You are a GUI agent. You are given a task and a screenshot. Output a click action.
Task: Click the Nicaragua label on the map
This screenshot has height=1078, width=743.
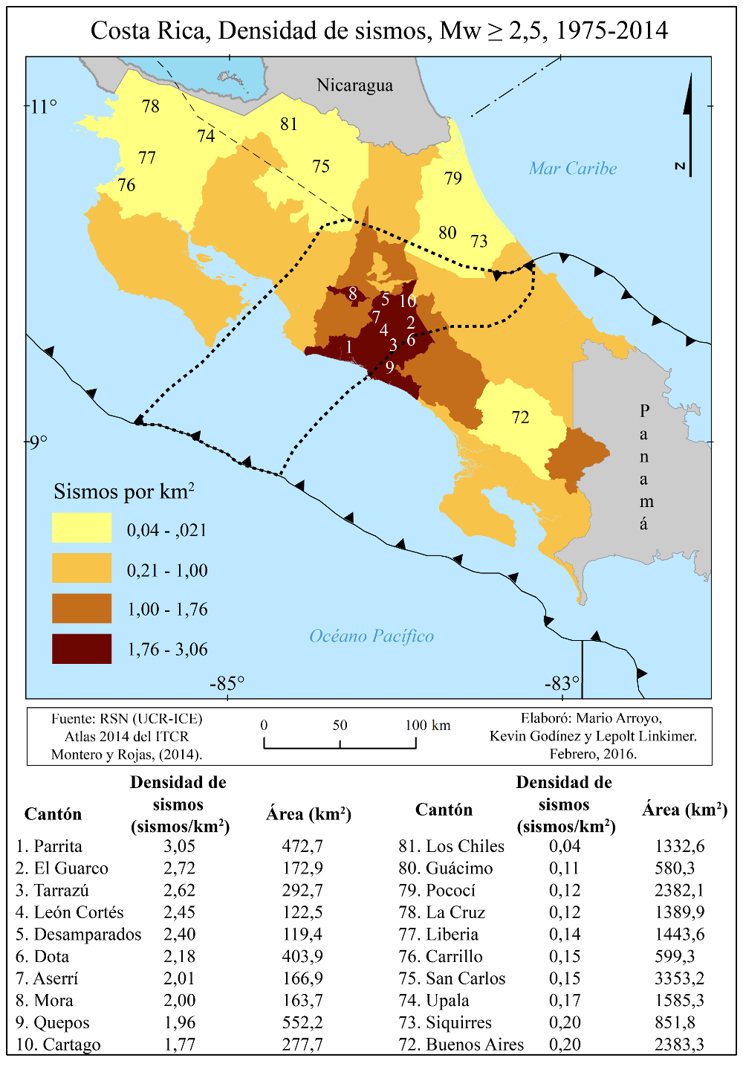(354, 85)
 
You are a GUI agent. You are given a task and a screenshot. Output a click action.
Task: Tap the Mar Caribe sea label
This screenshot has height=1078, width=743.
(573, 169)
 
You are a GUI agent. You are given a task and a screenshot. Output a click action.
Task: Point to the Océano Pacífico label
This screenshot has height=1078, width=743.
(371, 636)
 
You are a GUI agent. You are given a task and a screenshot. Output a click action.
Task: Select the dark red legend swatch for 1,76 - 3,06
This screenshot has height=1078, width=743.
(82, 649)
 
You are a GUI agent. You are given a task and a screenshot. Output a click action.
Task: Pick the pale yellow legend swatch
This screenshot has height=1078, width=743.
(82, 528)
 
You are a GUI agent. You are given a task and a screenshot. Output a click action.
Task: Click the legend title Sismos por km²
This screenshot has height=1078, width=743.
(124, 491)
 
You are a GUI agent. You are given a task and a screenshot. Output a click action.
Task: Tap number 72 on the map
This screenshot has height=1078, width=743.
(520, 417)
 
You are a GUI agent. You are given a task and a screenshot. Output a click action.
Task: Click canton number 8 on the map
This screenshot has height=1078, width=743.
(353, 294)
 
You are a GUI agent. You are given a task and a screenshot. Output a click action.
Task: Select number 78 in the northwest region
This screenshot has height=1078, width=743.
(151, 106)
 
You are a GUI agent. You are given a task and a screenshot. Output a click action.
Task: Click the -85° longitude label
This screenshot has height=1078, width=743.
(227, 683)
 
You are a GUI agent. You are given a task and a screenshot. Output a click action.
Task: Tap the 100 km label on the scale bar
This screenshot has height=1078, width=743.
(428, 726)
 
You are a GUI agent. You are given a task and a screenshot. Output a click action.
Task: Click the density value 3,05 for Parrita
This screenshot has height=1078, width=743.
(179, 846)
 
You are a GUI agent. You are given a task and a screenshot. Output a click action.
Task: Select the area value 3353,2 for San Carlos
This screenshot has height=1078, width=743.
(679, 978)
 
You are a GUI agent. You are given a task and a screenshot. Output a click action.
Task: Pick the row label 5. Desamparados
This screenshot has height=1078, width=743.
(78, 935)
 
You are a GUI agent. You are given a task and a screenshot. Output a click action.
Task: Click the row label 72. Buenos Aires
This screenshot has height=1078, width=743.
(461, 1045)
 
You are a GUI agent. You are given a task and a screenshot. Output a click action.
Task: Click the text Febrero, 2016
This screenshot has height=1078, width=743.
(593, 754)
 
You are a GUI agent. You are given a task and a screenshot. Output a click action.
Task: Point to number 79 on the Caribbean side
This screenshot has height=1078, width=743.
(453, 178)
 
